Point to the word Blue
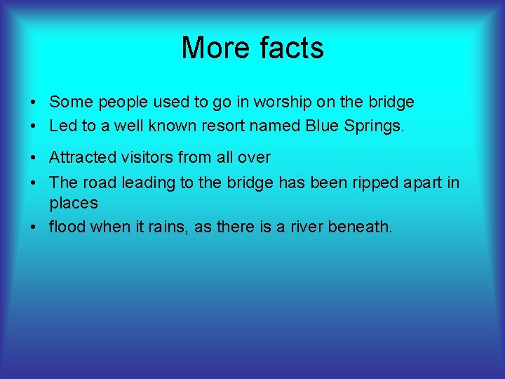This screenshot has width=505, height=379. click(x=323, y=127)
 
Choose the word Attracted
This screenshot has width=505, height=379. click(x=82, y=158)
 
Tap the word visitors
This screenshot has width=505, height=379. click(x=148, y=158)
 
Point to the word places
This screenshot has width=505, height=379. click(x=74, y=204)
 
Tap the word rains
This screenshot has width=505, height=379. click(x=188, y=227)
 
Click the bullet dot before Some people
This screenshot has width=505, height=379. click(x=34, y=103)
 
